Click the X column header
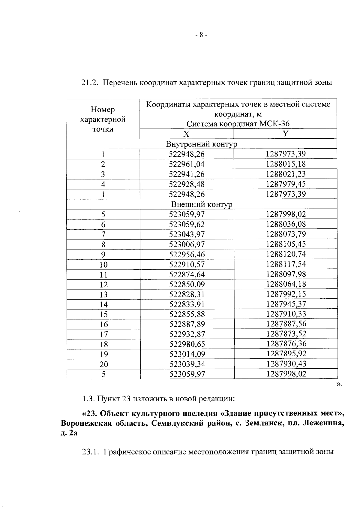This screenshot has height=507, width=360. tap(187, 134)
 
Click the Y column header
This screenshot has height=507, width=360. tap(286, 134)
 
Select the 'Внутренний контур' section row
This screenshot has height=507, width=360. tap(202, 144)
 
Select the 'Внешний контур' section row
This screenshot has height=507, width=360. tap(202, 204)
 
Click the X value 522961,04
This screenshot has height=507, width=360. tap(187, 164)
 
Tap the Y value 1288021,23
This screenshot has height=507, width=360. tap(286, 174)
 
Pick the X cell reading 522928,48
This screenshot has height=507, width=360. tap(187, 184)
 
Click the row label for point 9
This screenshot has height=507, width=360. tap(103, 255)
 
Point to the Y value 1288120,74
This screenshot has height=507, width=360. tap(286, 254)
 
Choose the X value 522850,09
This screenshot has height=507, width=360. tap(187, 284)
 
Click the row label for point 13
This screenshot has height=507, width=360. tap(103, 294)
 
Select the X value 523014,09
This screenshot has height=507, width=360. tap(187, 354)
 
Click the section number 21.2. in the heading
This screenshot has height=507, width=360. tap(90, 83)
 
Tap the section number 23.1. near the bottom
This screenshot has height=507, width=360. tap(90, 452)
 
